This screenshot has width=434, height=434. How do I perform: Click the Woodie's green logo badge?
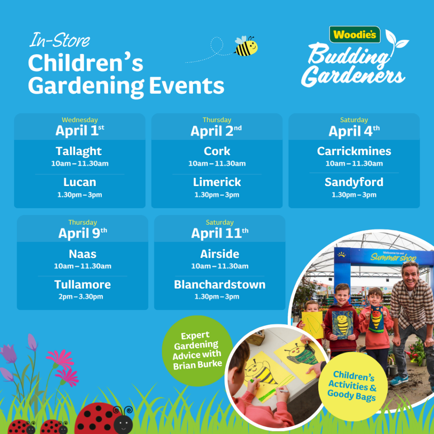pos(355,35)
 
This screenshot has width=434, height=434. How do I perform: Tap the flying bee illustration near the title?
pos(246,46)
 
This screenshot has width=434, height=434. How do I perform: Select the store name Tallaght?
pos(79,151)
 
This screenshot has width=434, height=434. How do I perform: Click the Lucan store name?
pos(80,182)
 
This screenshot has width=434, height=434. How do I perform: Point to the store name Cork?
pos(217,151)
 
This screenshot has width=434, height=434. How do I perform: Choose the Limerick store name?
pos(217,182)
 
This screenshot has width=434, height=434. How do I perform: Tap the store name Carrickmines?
pos(354,151)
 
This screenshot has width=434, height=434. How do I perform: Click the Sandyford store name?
pos(354,182)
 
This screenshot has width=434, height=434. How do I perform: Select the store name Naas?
pos(83,254)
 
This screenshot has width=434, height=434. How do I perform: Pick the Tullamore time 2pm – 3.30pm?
pos(81,297)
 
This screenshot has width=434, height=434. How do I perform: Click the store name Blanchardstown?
pos(220,284)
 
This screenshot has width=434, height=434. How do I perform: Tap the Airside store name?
pos(220,254)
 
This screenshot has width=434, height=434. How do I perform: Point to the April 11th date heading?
pos(220,233)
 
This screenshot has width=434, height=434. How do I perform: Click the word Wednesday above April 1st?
pos(80,120)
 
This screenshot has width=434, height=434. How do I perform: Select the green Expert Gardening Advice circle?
pos(198,351)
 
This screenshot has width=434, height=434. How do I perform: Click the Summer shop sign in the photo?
pos(393,257)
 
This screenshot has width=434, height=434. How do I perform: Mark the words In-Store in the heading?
pos(60,40)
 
